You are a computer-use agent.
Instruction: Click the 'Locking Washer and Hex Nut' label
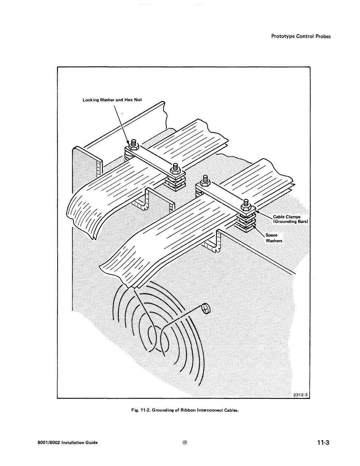[112, 100]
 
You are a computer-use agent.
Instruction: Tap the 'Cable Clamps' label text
[286, 217]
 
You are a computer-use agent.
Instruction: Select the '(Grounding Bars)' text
[290, 221]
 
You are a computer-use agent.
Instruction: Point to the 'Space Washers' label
[274, 238]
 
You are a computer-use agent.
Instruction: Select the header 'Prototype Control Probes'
[301, 36]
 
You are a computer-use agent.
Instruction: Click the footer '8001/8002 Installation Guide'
[67, 442]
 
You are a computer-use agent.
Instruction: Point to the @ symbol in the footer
[185, 442]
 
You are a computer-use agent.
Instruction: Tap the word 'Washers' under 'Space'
[274, 241]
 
